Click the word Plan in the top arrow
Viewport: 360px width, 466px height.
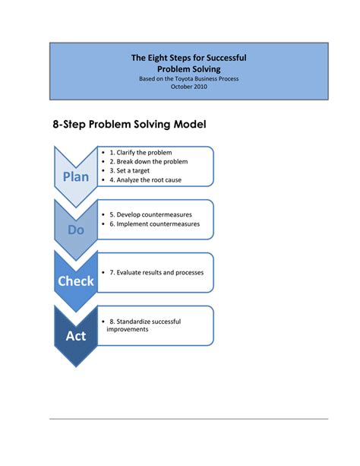(x=76, y=176)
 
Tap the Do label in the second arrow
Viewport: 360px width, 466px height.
(x=76, y=229)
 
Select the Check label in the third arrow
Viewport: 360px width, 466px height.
(x=76, y=281)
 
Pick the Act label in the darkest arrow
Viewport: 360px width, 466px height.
(x=76, y=334)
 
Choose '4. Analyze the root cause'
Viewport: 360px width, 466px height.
(x=156, y=180)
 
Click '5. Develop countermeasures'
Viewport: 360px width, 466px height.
(x=160, y=214)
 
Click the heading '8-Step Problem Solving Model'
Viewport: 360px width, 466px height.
(x=129, y=124)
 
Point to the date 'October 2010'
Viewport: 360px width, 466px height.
(x=188, y=87)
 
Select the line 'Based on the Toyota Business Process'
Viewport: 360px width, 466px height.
(x=188, y=78)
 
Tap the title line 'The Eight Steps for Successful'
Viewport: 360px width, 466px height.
(x=188, y=58)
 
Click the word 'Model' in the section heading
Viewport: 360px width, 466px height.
(x=188, y=124)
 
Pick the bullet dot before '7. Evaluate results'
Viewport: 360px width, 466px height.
(x=103, y=272)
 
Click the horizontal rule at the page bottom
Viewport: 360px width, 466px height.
(x=188, y=418)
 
